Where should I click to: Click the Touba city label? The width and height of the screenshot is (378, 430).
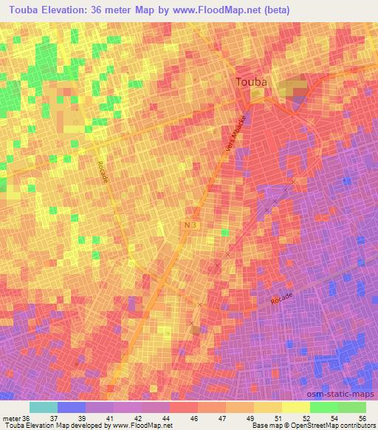pyautogui.click(x=251, y=83)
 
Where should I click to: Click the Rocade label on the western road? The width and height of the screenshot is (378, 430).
pyautogui.click(x=103, y=175)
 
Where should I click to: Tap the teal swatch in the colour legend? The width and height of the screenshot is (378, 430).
pyautogui.click(x=43, y=407)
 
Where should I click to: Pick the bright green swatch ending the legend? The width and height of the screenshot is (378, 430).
pyautogui.click(x=351, y=407)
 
